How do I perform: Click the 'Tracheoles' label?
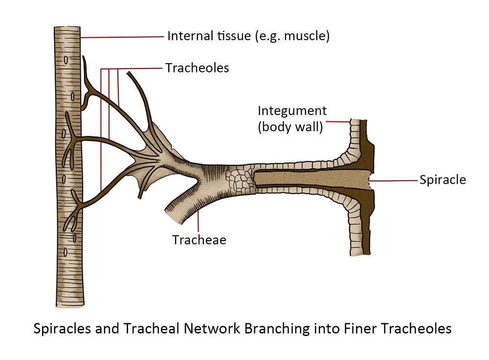click(197, 68)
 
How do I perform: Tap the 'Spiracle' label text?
click(443, 180)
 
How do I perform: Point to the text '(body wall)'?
click(290, 128)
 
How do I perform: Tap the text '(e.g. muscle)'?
click(291, 36)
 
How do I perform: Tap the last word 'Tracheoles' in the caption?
click(419, 329)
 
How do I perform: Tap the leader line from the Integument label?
click(338, 121)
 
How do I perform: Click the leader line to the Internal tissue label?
click(122, 36)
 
